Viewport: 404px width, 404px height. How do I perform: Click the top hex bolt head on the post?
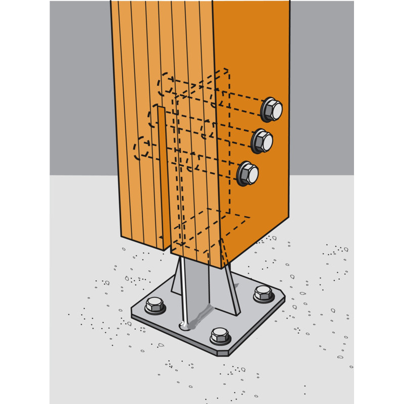click(272, 109)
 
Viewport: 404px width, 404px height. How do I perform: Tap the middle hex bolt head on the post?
click(262, 141)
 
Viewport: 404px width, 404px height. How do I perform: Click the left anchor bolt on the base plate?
click(155, 305)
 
